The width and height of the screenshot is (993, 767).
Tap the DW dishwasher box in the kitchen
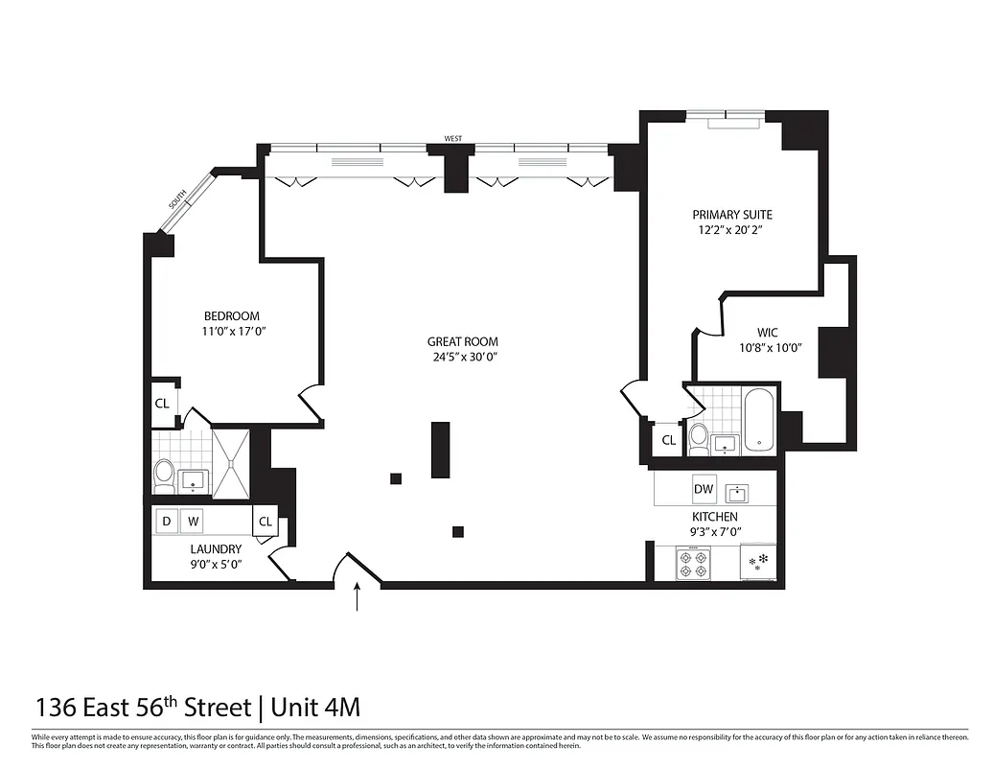pyautogui.click(x=704, y=490)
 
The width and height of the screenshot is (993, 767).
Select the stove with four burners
pyautogui.click(x=692, y=563)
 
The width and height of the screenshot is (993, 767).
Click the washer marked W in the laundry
pyautogui.click(x=194, y=522)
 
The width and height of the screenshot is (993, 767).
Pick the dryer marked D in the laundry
pyautogui.click(x=167, y=522)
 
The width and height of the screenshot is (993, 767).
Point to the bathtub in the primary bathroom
pyautogui.click(x=758, y=419)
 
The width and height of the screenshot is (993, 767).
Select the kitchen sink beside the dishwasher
pyautogui.click(x=737, y=494)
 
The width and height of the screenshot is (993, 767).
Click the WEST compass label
pyautogui.click(x=453, y=139)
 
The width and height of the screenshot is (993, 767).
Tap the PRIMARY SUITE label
pyautogui.click(x=733, y=215)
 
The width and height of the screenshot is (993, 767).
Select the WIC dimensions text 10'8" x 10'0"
pyautogui.click(x=770, y=349)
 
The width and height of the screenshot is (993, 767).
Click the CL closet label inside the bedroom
pyautogui.click(x=162, y=404)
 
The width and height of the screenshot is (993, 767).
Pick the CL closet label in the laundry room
pyautogui.click(x=266, y=523)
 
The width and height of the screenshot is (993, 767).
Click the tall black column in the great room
pyautogui.click(x=441, y=450)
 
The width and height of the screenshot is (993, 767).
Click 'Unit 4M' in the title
pyautogui.click(x=315, y=708)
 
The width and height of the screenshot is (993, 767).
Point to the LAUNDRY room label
pyautogui.click(x=216, y=549)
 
